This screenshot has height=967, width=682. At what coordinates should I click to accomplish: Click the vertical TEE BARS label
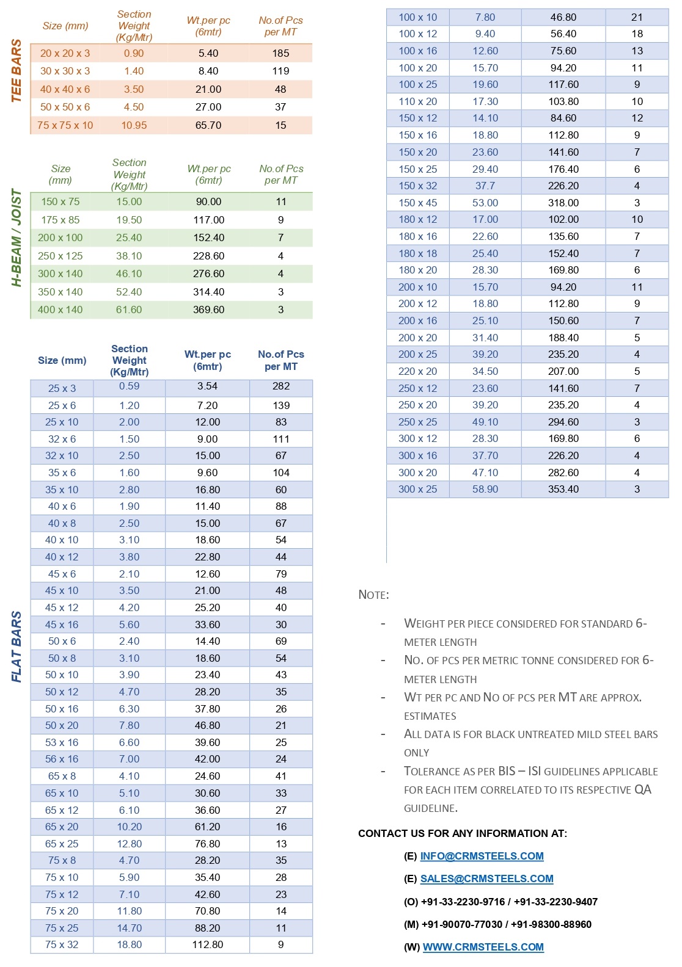point(16,71)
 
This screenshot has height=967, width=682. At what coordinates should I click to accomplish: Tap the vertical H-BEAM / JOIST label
point(16,237)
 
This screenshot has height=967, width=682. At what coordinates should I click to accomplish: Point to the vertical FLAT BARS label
point(16,646)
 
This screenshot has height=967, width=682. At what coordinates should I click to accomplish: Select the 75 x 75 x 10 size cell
point(65,125)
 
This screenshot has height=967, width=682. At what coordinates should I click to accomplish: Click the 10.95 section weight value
point(134,125)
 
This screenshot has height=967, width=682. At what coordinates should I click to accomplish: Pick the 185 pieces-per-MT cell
point(280,53)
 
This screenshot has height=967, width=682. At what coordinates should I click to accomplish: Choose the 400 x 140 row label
point(60,310)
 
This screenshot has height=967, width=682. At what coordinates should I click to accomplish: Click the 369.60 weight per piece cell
point(208,310)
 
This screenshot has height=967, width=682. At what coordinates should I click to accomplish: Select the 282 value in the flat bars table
point(280,386)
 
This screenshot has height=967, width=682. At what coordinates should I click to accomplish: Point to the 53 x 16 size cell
point(62,742)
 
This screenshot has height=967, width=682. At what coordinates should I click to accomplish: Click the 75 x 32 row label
point(62,944)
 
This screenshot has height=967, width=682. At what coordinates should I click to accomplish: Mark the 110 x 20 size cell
point(418,101)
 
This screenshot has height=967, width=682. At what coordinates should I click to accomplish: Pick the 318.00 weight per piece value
point(563,203)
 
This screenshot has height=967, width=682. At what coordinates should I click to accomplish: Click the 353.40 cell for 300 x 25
point(563,489)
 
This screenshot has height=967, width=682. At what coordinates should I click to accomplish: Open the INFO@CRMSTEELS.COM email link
point(482,856)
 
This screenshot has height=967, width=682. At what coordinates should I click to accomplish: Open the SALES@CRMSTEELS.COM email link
point(486,878)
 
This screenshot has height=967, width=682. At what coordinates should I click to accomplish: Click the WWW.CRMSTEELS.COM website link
point(483,947)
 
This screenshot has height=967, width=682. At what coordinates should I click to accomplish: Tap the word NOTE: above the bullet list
point(373,595)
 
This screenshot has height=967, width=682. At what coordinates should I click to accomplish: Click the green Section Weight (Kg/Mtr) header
point(129,175)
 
